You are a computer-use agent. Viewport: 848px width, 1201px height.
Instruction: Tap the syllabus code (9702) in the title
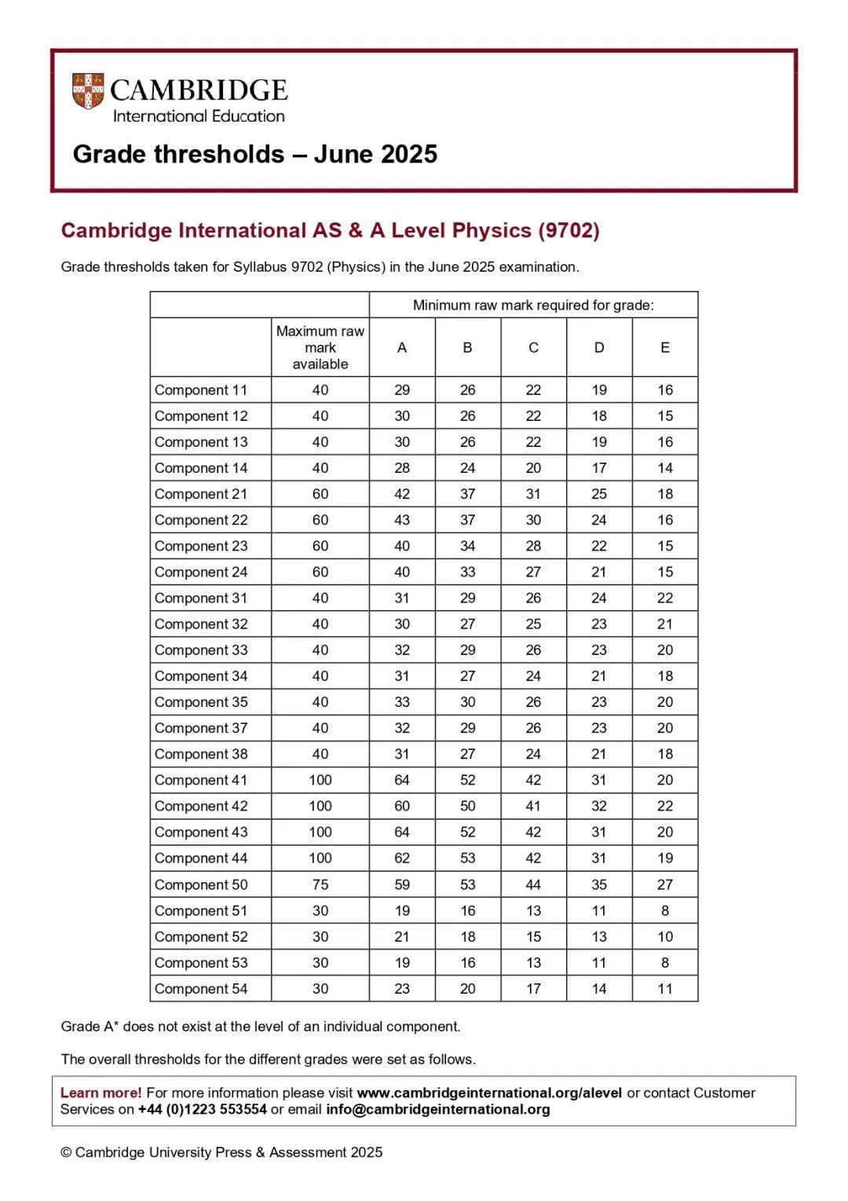568,230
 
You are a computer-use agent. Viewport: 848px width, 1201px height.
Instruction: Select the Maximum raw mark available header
320,347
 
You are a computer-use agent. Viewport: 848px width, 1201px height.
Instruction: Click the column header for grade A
402,347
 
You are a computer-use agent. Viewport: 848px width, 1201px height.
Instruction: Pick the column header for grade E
665,347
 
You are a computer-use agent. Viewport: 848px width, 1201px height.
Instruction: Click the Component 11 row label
201,390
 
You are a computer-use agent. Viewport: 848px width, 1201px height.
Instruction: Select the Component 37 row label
201,728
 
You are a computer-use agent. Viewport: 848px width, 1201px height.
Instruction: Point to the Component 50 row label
201,884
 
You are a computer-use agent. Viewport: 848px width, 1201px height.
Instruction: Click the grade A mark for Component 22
402,520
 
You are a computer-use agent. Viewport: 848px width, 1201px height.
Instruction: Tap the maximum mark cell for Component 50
320,884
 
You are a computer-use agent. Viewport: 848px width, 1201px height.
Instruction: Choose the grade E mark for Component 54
665,989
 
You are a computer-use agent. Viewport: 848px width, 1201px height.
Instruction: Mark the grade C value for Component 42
533,806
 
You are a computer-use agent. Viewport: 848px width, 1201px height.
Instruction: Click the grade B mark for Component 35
468,702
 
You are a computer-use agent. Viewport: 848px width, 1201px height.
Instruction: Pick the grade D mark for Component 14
599,468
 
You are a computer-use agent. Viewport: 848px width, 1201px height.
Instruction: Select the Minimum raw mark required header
533,305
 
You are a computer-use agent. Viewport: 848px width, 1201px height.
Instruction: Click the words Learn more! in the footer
101,1093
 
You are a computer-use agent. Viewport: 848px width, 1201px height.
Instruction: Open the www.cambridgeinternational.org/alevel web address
489,1093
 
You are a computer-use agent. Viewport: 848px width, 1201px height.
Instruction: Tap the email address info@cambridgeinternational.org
438,1109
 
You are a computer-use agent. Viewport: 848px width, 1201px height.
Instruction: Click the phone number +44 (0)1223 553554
203,1109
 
